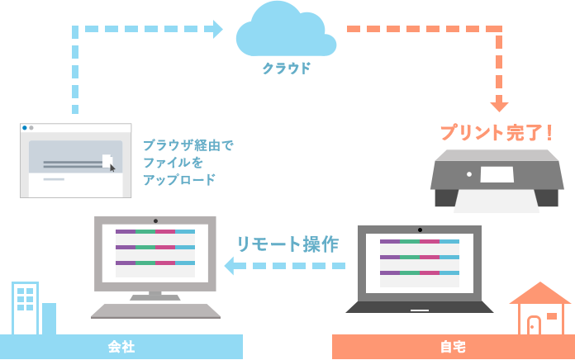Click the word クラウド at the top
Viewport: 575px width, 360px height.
(x=287, y=68)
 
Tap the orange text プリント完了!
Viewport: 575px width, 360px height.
(x=496, y=132)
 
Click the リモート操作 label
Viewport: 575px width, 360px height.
(x=287, y=244)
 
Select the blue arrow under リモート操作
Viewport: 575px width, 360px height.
(x=284, y=265)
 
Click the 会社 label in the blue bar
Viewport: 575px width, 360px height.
(x=121, y=347)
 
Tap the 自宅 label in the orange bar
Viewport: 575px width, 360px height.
(x=453, y=347)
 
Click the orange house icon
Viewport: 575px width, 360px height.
(x=539, y=309)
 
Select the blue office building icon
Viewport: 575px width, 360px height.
(x=26, y=308)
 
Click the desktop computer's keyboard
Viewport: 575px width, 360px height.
(x=155, y=311)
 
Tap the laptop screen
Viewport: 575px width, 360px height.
(x=419, y=263)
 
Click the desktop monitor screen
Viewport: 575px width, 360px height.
(x=155, y=253)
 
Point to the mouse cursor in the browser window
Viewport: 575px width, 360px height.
(x=112, y=167)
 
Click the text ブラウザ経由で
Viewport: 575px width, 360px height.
(x=188, y=144)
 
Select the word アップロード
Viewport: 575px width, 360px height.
(x=179, y=179)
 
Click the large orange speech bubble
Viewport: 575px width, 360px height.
(x=425, y=64)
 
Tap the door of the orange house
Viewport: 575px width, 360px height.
(x=534, y=325)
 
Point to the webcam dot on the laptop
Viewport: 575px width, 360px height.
(x=420, y=228)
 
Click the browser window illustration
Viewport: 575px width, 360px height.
(x=76, y=160)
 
